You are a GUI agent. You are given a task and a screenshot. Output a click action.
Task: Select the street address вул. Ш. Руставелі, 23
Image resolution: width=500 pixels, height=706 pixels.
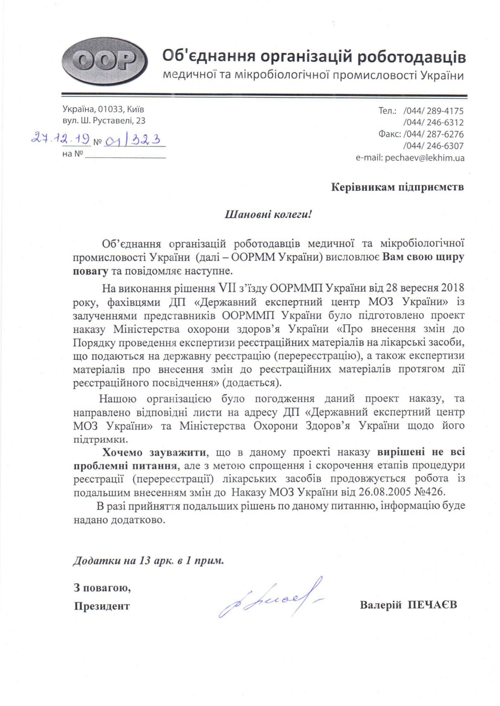point(104,121)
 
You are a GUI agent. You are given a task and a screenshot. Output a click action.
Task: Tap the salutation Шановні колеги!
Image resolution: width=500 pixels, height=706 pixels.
point(268,214)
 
